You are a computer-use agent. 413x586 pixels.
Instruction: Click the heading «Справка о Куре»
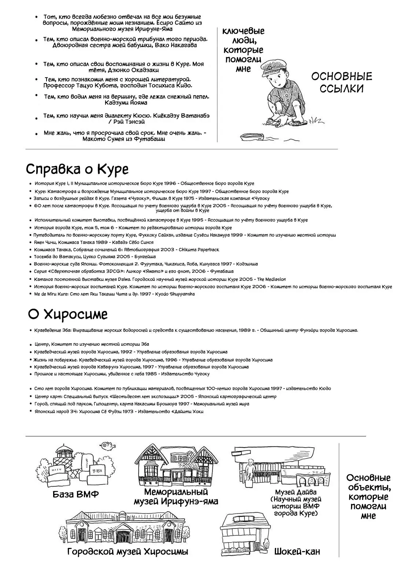77,170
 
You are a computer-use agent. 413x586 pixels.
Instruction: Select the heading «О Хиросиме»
68,315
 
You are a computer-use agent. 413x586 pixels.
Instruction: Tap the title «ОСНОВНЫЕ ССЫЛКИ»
341,82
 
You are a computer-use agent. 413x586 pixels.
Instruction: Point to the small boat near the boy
252,137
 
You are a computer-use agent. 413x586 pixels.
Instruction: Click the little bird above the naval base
107,445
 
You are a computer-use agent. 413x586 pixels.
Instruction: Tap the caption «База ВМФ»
76,494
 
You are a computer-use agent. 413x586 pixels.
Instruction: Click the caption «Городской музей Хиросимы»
128,552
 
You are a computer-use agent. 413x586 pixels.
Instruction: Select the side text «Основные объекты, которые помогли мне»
368,497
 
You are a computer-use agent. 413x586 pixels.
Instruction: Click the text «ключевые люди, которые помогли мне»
243,50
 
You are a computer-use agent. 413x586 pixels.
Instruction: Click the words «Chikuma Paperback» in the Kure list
199,250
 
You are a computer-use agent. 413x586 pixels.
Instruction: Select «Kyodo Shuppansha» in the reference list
175,294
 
